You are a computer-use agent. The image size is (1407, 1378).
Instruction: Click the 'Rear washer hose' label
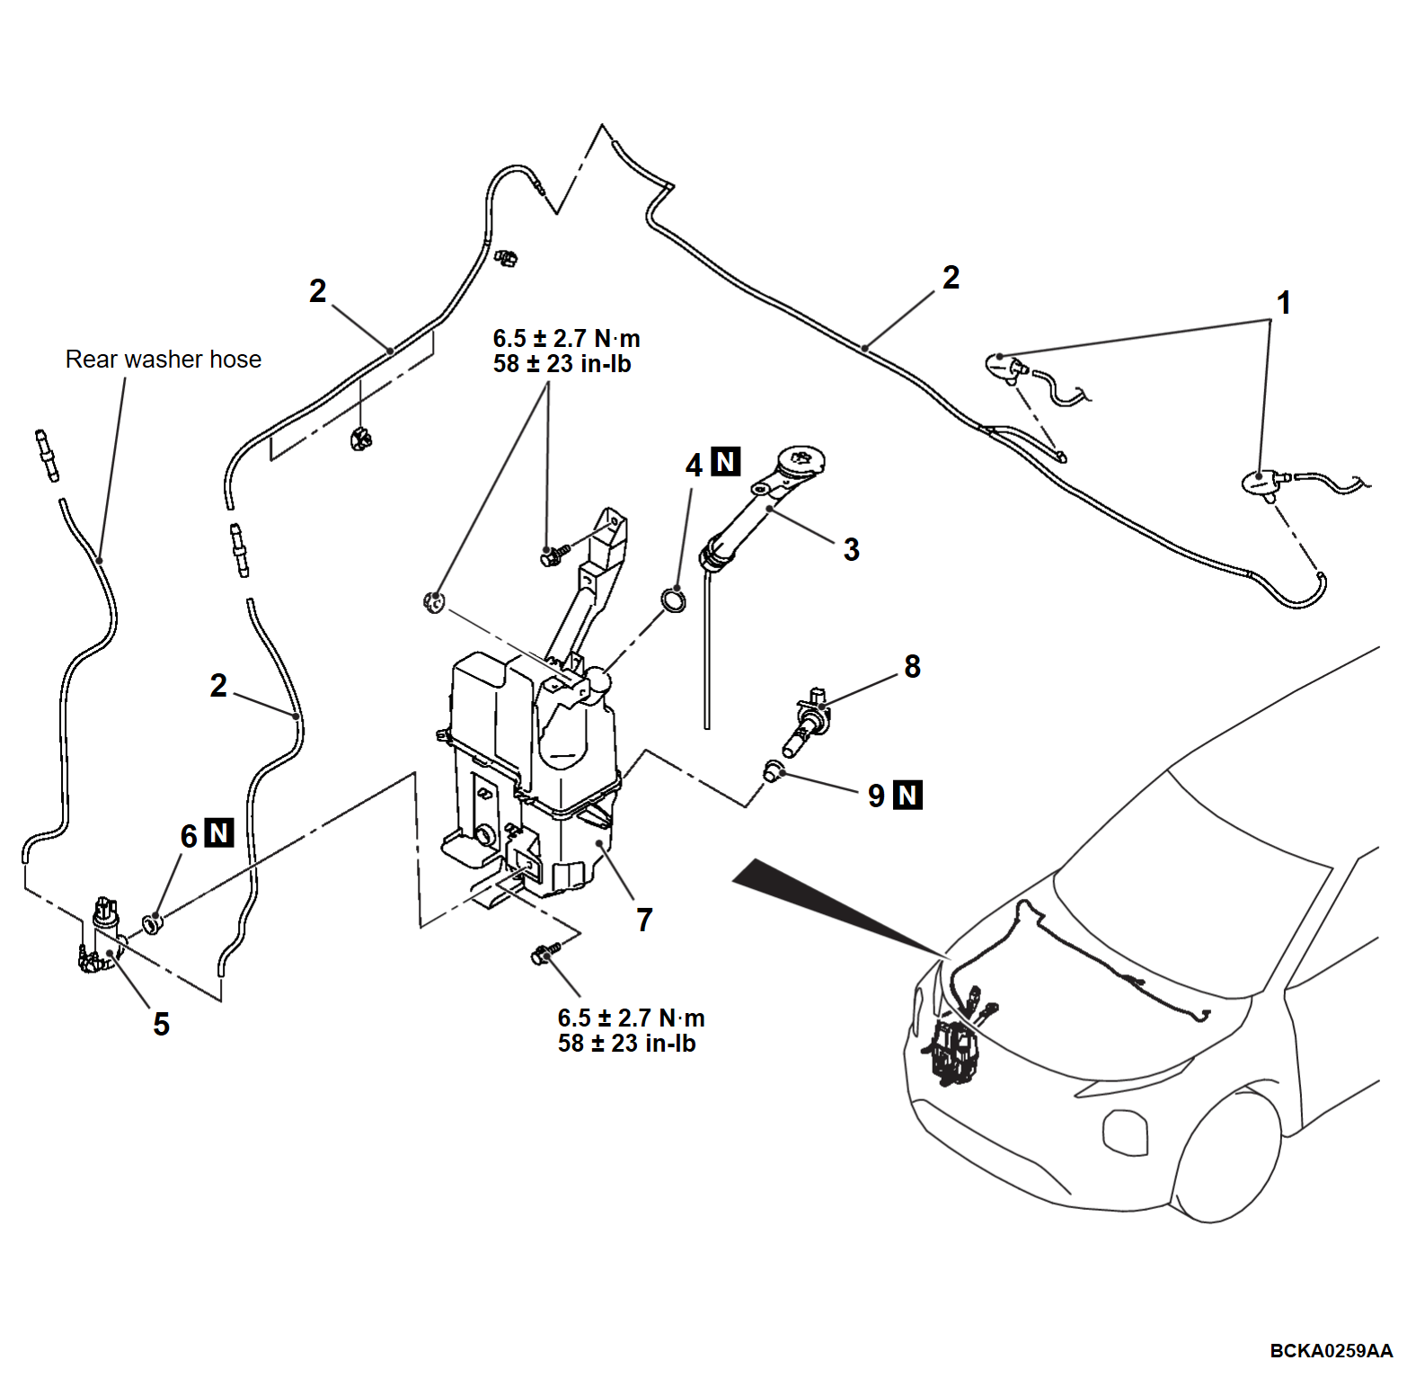(x=163, y=360)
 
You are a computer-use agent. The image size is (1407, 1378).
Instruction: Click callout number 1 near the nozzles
(x=1284, y=303)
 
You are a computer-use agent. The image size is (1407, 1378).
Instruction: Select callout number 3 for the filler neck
(x=851, y=549)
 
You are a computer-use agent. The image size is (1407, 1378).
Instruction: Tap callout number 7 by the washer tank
(x=644, y=920)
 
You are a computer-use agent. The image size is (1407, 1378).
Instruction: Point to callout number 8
(x=912, y=666)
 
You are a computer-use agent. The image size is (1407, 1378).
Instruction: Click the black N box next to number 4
(x=725, y=462)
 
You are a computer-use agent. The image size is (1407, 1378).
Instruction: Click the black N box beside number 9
(x=907, y=795)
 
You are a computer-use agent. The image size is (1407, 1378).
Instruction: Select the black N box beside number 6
(x=219, y=833)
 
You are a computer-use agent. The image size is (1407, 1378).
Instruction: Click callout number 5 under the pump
(x=161, y=1024)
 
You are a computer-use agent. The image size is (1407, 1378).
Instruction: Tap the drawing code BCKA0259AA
(x=1330, y=1351)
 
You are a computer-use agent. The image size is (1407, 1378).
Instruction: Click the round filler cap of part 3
(x=800, y=460)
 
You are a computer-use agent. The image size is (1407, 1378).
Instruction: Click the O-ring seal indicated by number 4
(x=673, y=599)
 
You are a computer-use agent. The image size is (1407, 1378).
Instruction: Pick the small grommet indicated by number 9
(x=773, y=770)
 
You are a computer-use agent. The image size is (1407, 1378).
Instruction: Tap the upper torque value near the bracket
(x=566, y=339)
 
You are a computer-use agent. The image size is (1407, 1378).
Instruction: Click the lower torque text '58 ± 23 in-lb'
(x=626, y=1044)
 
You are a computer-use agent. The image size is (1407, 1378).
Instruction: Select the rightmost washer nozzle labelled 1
(x=1261, y=483)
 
